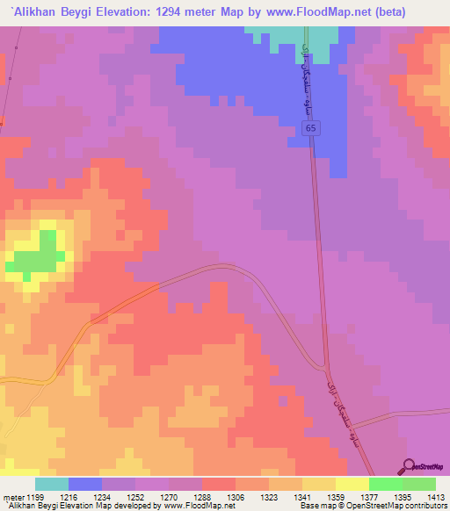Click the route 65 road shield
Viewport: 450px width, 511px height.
point(311,128)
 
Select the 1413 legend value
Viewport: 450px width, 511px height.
point(437,496)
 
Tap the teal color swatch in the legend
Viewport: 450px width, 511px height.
point(52,484)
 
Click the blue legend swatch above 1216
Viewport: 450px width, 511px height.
point(85,484)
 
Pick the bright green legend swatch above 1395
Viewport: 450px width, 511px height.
point(385,484)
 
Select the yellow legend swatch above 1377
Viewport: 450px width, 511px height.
point(352,484)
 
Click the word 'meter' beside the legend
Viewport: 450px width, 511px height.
point(13,496)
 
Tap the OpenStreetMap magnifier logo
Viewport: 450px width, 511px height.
point(409,465)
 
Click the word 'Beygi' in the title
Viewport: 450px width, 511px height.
point(84,11)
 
